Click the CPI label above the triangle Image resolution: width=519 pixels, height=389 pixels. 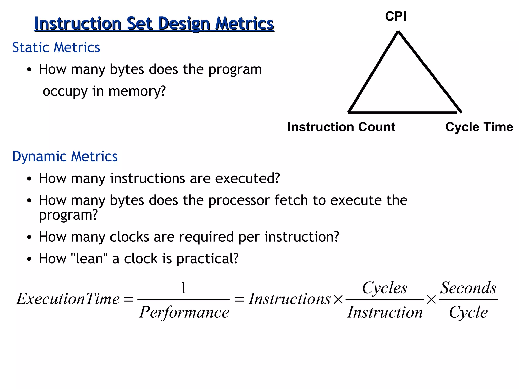(x=396, y=16)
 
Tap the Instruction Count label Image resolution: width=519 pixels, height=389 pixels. (x=341, y=127)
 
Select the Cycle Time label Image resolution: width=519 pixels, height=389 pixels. (x=479, y=127)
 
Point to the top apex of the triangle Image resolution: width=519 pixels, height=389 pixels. (x=398, y=32)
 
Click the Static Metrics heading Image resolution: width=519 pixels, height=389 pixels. (x=56, y=47)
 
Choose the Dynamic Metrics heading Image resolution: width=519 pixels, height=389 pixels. (x=65, y=156)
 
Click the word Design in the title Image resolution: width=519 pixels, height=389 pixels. (x=184, y=24)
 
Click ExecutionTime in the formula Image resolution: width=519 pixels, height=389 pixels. (x=68, y=299)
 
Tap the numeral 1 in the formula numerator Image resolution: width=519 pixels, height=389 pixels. (x=183, y=288)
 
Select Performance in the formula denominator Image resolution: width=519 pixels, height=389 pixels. (x=184, y=312)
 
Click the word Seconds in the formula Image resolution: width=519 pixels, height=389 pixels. (x=468, y=288)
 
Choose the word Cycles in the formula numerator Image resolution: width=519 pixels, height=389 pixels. (x=384, y=288)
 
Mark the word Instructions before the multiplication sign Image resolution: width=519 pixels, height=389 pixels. (x=290, y=299)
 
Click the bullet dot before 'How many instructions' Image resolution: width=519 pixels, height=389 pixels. (x=29, y=179)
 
